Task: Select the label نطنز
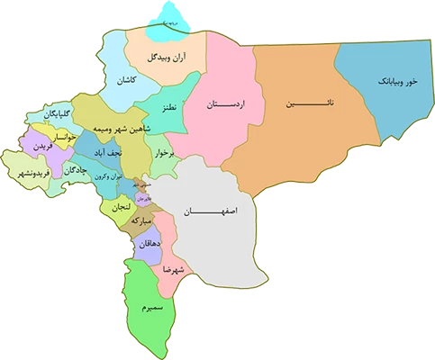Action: click(x=167, y=107)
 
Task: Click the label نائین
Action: click(x=304, y=104)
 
